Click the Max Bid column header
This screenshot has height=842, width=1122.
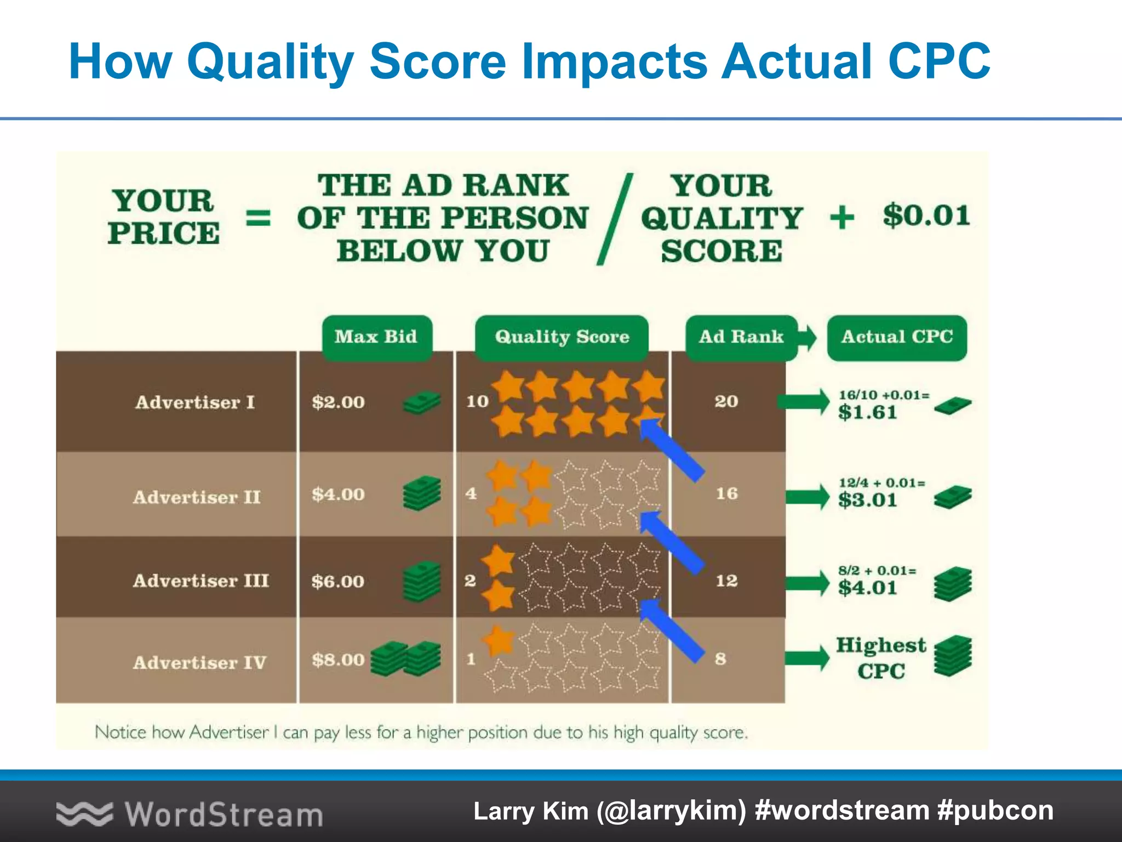click(376, 337)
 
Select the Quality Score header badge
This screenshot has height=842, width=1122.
click(562, 337)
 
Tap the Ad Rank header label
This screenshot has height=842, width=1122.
click(741, 337)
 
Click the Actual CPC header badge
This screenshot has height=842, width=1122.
click(897, 337)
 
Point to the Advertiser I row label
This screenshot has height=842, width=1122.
click(195, 402)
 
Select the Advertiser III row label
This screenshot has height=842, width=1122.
click(201, 581)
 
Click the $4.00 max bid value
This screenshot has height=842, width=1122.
click(338, 494)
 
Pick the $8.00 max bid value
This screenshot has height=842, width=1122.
click(338, 659)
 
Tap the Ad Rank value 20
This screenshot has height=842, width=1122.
click(726, 402)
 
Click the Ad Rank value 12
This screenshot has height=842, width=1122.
click(726, 581)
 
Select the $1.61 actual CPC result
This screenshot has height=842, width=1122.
click(868, 412)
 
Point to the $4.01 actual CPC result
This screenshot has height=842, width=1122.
click(868, 588)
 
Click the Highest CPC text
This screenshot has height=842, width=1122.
click(880, 658)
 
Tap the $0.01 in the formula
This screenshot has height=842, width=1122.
click(926, 215)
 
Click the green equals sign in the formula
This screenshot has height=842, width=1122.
click(257, 218)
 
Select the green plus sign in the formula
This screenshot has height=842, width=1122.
click(842, 217)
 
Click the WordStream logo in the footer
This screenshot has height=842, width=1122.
click(190, 814)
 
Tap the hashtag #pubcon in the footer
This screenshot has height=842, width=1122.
click(995, 811)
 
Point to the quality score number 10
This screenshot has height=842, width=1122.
click(477, 402)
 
